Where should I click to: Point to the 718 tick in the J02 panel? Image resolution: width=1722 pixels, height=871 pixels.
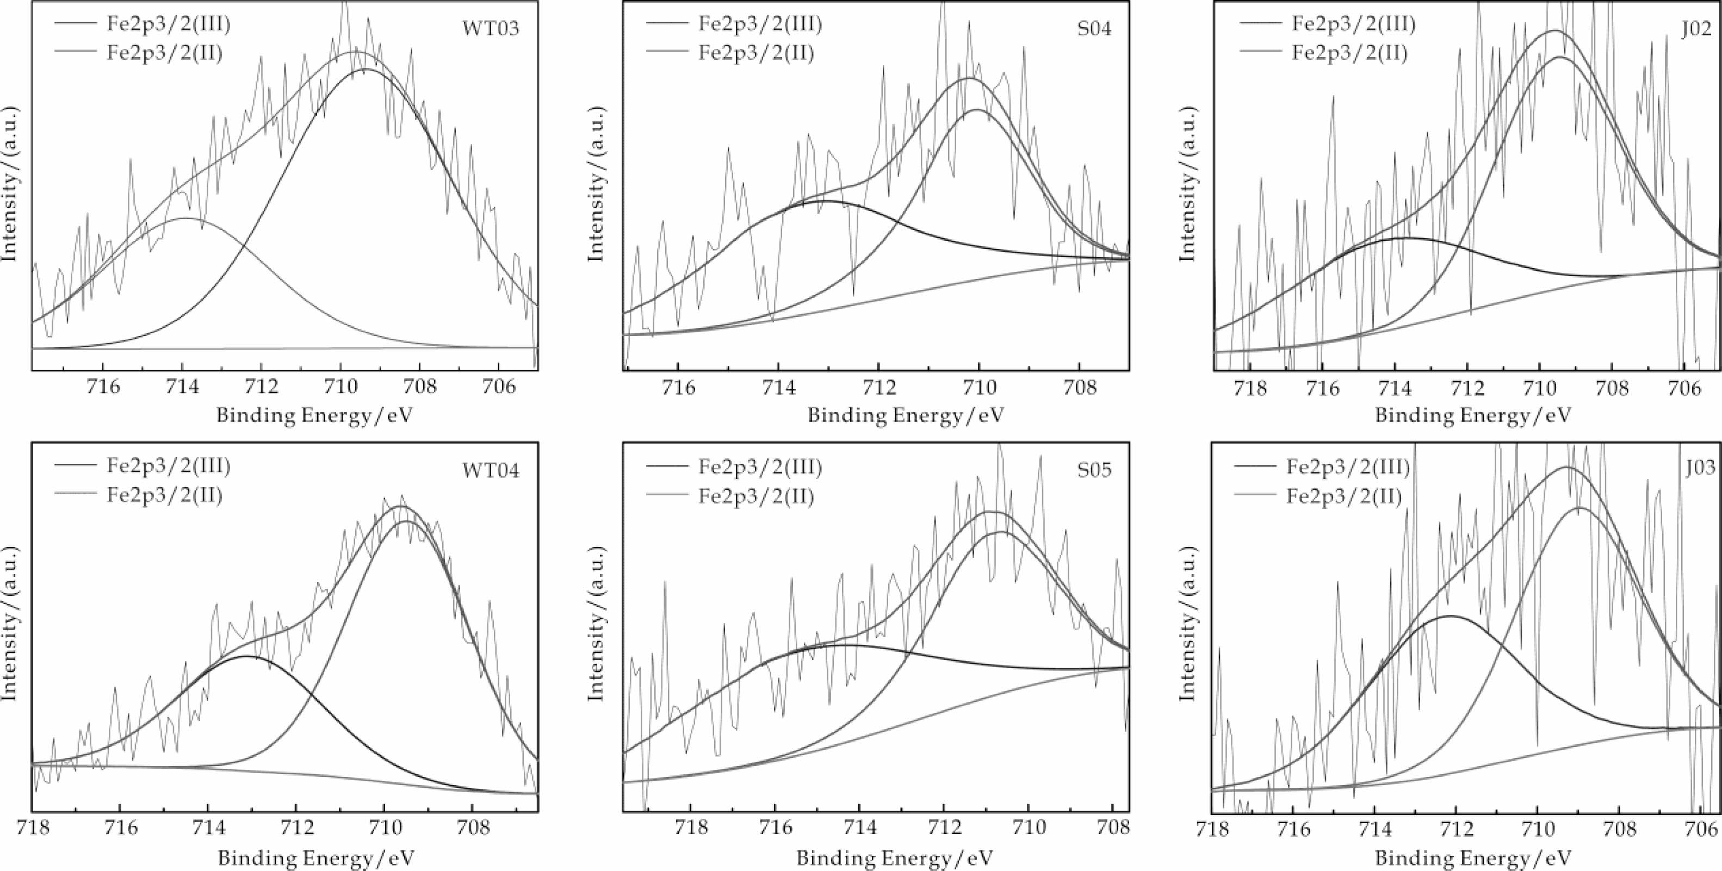point(1251,387)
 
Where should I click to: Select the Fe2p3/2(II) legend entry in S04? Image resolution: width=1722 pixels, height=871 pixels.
point(756,53)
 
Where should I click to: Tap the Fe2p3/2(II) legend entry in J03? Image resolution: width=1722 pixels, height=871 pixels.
point(1343,495)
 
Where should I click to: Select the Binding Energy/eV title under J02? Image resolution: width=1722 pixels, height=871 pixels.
point(1473,415)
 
